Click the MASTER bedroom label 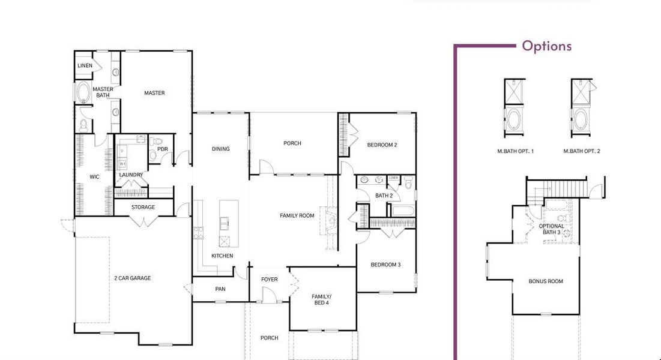[154, 93]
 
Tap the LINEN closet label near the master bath [85, 65]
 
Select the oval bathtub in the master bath [83, 93]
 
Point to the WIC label [94, 177]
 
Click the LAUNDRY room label [131, 175]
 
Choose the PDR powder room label [162, 149]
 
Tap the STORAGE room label [143, 208]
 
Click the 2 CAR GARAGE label [132, 278]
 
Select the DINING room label [220, 149]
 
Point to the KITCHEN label [222, 256]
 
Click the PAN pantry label [220, 289]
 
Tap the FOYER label [270, 280]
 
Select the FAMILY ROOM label [297, 215]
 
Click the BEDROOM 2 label [382, 145]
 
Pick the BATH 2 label [384, 196]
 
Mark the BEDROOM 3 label [385, 265]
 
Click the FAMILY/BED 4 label [321, 299]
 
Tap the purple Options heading [546, 46]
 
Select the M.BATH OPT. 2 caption [582, 152]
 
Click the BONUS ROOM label [546, 281]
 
